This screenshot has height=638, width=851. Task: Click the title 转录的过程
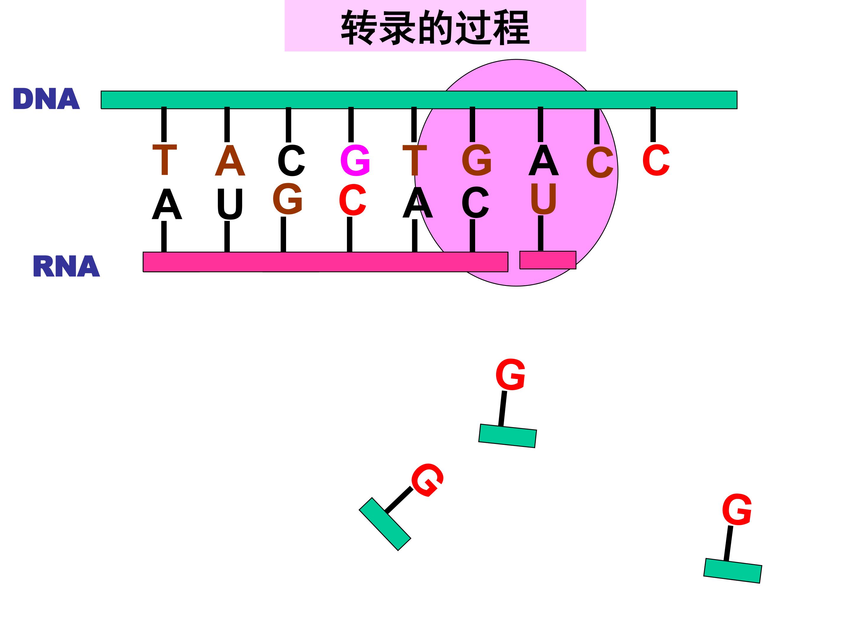tap(435, 27)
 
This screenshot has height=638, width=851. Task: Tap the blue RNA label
tap(66, 266)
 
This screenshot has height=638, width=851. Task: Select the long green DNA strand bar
tap(419, 100)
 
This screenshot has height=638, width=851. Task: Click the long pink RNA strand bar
tap(325, 262)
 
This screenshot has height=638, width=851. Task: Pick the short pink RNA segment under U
tap(548, 260)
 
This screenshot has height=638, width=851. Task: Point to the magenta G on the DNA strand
tap(355, 160)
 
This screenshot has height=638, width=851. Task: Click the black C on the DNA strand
tap(291, 160)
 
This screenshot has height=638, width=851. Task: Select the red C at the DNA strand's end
tap(656, 160)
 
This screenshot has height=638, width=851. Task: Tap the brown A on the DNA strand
tap(230, 160)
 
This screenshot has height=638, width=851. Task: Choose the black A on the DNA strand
tap(543, 160)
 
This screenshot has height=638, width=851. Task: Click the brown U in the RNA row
tap(543, 198)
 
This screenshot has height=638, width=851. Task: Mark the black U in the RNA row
tap(230, 204)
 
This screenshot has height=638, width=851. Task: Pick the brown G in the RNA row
tap(288, 198)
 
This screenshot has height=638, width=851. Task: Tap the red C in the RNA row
tap(353, 200)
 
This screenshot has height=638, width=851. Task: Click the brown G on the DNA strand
tap(477, 160)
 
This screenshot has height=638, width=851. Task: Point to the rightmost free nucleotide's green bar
tap(733, 571)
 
